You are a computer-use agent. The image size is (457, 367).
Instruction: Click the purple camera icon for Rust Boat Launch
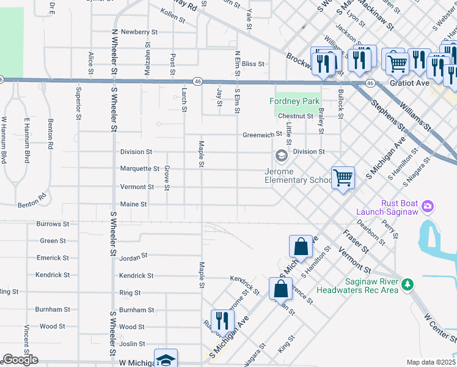427,206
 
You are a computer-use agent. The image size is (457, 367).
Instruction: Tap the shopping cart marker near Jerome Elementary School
343,178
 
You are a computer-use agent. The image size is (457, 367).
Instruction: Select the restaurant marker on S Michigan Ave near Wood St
221,320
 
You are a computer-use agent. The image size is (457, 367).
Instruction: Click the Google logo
20,360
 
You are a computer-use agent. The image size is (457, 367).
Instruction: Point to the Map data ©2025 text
431,362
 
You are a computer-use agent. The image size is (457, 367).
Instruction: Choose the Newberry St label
139,31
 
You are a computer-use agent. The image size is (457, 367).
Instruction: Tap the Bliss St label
252,64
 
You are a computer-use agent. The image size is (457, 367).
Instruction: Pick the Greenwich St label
261,135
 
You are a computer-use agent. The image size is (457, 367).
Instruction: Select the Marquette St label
140,169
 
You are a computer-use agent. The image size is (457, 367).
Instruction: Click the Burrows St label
53,224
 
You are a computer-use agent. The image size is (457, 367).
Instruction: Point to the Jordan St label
134,255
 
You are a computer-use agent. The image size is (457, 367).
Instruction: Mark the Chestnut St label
294,116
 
